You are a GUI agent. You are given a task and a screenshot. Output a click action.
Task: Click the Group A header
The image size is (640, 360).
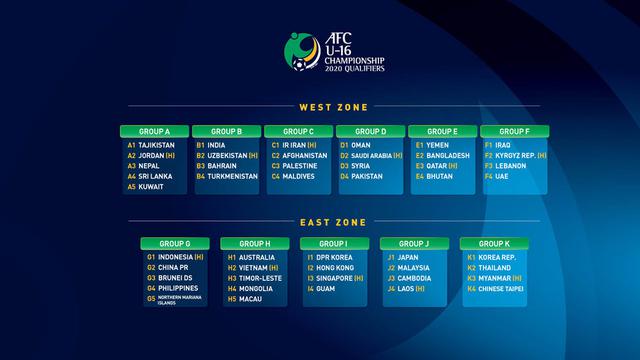pos(154,131)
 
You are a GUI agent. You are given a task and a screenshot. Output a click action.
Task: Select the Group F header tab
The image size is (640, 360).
pos(514,131)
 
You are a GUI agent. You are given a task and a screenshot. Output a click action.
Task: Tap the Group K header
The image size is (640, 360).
pos(494,243)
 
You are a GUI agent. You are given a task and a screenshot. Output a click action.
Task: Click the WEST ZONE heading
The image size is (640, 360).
pos(333,107)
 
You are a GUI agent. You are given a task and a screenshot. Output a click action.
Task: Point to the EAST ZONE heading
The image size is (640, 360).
pos(333,222)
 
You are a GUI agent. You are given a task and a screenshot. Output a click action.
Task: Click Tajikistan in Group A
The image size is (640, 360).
pos(156,145)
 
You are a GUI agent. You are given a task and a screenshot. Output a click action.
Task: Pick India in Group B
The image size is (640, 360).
pos(217,145)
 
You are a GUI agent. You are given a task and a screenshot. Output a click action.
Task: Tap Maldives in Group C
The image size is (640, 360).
pos(299,177)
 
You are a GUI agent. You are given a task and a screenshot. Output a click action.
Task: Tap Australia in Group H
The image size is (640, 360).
pos(259,257)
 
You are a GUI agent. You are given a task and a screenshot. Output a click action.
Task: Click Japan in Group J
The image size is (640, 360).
pos(409,257)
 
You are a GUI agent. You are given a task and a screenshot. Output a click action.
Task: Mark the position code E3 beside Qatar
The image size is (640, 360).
pos(420,166)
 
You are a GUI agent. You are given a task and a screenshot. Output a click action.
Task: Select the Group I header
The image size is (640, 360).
pos(334,243)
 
